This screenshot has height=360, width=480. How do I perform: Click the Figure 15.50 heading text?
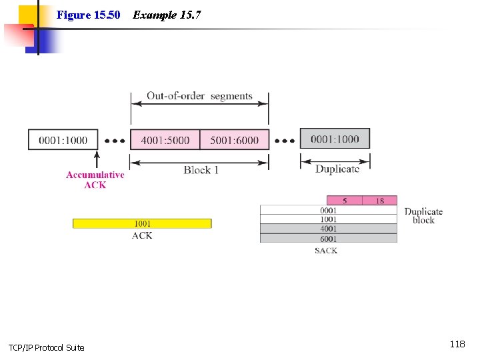pos(88,15)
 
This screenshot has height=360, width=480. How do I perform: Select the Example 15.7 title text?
pos(167,15)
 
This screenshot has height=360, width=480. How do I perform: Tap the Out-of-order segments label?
pos(199,96)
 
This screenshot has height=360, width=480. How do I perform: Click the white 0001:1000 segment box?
pos(63,140)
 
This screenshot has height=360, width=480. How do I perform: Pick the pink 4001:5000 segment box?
pos(165,140)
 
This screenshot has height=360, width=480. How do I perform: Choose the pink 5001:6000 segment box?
pos(234,140)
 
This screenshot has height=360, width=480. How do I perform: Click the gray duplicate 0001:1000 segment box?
pos(335,139)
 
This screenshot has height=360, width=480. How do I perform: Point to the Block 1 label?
pos(201,170)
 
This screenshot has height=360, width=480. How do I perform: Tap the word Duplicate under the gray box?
pos(337,169)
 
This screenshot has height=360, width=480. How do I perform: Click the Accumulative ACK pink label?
pos(95,180)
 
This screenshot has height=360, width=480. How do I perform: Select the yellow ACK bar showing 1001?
pos(142,223)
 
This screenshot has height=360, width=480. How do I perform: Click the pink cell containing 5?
pos(345,201)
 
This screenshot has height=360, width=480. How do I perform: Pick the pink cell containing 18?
pos(380,201)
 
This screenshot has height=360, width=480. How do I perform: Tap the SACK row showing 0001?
pos(329,210)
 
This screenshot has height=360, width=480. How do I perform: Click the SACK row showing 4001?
pos(329,229)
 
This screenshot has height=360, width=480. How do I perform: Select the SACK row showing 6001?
pos(329,238)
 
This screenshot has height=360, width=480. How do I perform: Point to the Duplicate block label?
pos(423,216)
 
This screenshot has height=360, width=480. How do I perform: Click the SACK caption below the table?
pos(326,251)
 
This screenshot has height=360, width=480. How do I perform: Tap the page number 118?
pos(457,344)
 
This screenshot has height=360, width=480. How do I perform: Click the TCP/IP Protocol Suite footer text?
pos(47,347)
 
